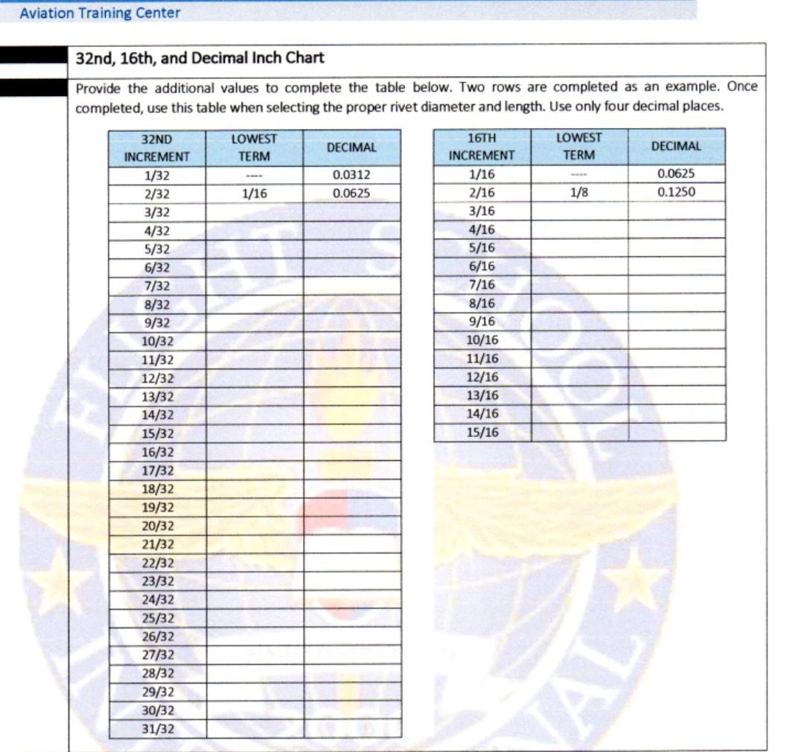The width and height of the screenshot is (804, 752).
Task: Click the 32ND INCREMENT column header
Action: [x=157, y=147]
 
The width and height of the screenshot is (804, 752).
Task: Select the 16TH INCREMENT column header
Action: [x=482, y=147]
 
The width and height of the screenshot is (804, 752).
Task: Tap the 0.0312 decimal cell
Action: [x=351, y=176]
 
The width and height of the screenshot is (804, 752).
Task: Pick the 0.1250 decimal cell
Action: [x=676, y=192]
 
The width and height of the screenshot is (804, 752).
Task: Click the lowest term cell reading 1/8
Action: [x=578, y=192]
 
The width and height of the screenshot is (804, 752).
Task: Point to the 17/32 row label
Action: [x=157, y=471]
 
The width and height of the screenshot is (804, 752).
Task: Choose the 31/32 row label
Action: [x=157, y=729]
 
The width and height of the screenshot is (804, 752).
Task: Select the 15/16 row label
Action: [x=482, y=433]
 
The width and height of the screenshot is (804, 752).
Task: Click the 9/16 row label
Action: [x=482, y=322]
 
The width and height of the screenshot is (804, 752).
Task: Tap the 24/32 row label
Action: [x=157, y=599]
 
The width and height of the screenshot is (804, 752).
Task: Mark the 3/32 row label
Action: [x=157, y=212]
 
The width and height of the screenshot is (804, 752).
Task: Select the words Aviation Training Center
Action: [x=100, y=13]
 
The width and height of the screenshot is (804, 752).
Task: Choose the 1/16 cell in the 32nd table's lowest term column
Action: [x=255, y=194]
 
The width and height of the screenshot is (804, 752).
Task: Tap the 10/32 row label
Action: [x=157, y=342]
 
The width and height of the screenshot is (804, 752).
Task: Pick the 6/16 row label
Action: [x=482, y=267]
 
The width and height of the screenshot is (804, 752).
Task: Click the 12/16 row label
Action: [x=482, y=377]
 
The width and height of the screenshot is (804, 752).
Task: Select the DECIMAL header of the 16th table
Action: [x=676, y=147]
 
